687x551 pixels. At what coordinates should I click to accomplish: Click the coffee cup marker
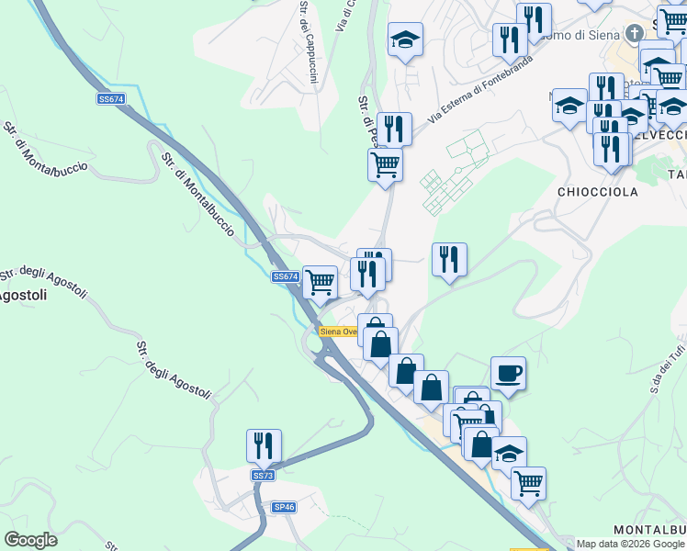508,374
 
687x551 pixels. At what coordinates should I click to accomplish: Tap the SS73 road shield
263,475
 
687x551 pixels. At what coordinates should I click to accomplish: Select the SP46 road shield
285,507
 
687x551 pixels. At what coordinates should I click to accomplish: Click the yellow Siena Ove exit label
338,332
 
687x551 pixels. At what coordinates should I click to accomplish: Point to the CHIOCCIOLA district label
585,192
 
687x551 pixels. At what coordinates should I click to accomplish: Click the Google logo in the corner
30,540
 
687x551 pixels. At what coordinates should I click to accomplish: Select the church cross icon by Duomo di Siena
634,34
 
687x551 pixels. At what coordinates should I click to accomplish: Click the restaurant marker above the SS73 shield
264,445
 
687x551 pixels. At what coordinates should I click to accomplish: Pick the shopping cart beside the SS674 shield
320,282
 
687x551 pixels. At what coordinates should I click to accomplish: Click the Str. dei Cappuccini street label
307,41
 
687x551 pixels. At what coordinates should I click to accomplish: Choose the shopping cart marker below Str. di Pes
385,165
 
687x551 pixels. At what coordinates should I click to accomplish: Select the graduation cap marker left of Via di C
405,39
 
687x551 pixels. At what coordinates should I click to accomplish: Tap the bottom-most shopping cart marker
528,482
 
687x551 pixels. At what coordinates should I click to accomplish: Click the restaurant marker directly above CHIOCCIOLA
611,148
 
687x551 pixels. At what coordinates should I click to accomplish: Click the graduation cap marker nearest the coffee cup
509,452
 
